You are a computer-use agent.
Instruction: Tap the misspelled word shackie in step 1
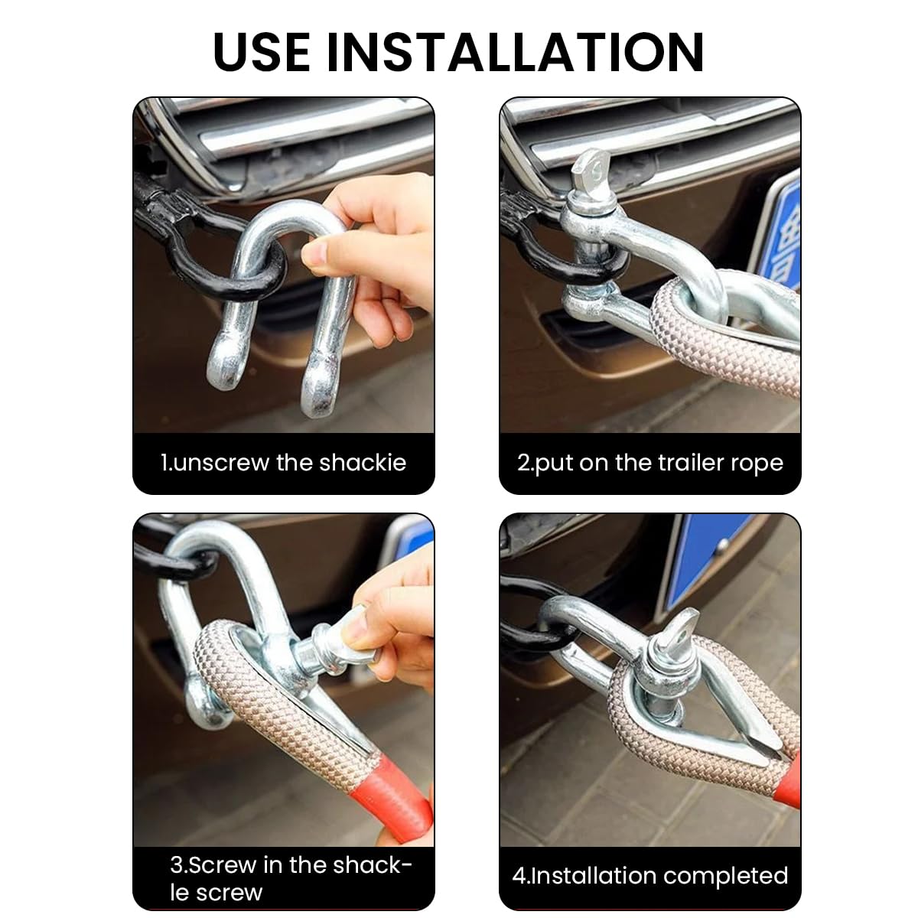[x=363, y=462]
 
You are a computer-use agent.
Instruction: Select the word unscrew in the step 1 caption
[x=221, y=463]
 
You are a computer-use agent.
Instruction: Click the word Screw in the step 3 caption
[x=223, y=864]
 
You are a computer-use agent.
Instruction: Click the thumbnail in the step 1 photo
[x=315, y=253]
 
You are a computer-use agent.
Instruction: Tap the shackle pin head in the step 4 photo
[x=679, y=630]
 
